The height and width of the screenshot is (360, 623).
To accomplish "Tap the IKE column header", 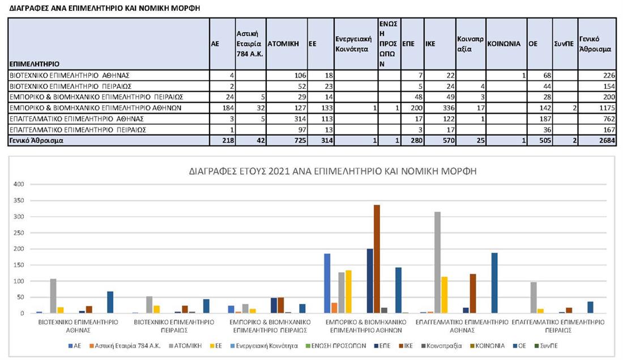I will [x=430, y=42].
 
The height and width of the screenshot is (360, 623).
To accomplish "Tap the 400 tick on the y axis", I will [x=19, y=184].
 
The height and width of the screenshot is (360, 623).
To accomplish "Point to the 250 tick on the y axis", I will [x=19, y=233].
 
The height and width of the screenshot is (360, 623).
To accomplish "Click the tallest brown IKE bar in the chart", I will [x=376, y=259].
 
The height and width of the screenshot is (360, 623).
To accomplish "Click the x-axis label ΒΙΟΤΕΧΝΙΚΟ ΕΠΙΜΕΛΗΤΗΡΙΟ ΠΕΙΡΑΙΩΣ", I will [x=174, y=325].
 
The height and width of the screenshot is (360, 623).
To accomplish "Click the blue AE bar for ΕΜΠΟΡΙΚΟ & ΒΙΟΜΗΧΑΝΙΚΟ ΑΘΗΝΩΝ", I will [x=327, y=283].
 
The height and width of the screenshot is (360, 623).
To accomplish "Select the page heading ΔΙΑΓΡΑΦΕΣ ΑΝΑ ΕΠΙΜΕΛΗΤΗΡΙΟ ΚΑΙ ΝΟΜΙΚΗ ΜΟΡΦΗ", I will [x=104, y=9].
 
